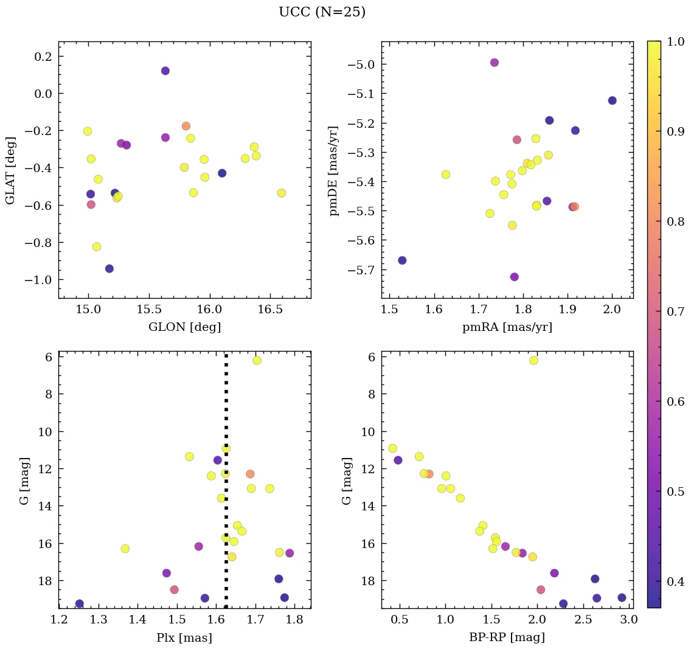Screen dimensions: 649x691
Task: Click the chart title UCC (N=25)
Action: coord(322,12)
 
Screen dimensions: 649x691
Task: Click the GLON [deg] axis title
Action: coord(184,327)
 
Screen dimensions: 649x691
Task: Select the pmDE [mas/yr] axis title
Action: coord(335,170)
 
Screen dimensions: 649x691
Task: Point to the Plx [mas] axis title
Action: coord(184,637)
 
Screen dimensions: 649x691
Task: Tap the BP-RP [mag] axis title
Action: coord(507,637)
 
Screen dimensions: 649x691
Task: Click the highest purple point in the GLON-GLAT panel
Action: coord(165,71)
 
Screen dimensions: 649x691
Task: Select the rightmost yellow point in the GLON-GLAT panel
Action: coord(281,193)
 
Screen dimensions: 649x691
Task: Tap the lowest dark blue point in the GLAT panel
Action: coord(109,269)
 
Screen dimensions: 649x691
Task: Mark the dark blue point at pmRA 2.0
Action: coord(612,101)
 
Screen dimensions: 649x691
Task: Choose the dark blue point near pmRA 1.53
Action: coord(402,260)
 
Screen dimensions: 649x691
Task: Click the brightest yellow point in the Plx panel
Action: coord(257,361)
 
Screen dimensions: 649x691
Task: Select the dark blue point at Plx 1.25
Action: coord(79,604)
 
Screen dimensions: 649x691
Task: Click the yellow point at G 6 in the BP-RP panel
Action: coord(533,361)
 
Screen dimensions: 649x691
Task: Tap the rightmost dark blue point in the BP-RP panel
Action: coord(622,598)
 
